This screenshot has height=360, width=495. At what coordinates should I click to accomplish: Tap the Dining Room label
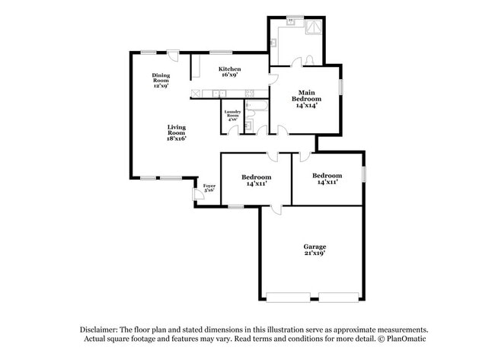coord(161,76)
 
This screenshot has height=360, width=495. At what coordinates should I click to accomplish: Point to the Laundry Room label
coord(232,113)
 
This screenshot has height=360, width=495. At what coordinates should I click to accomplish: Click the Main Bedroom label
coord(306,95)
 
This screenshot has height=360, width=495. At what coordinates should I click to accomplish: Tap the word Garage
coord(315,247)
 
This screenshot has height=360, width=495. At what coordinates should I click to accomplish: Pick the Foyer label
coord(208,186)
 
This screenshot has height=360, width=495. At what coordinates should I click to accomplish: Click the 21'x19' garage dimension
coord(315,254)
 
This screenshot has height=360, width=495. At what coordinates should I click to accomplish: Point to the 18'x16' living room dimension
coord(177,139)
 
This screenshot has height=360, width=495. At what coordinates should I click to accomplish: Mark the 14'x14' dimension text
coord(306,106)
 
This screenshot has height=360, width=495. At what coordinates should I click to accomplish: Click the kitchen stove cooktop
coord(197,94)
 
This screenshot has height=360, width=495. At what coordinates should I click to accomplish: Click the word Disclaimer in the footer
coord(103,329)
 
